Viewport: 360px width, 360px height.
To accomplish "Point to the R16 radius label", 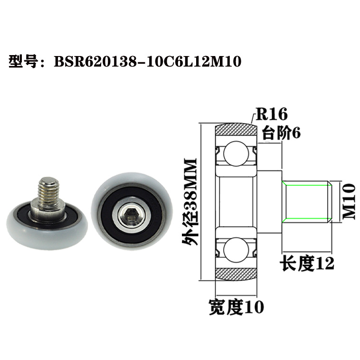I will (x=272, y=114).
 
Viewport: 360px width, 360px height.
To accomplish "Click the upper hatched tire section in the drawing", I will (x=236, y=130).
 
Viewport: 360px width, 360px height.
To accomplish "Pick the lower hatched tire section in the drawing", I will (x=236, y=274).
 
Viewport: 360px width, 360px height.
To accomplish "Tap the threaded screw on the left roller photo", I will (x=48, y=191).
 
